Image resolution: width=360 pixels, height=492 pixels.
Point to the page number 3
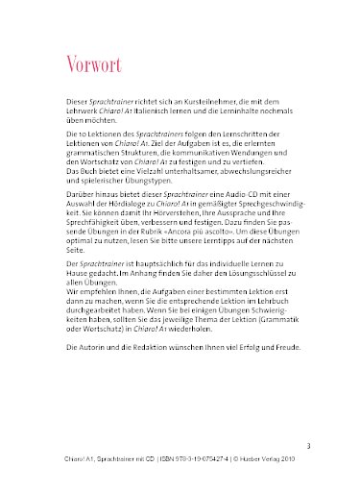tap(308, 445)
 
